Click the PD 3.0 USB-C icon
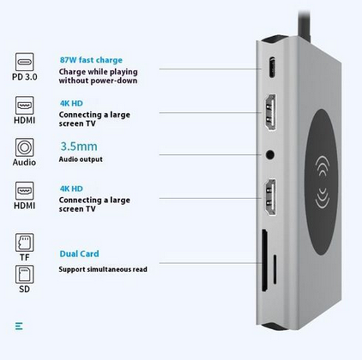click(x=25, y=62)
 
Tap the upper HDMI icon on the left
click(x=25, y=106)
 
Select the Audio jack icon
click(x=25, y=147)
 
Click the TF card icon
click(x=25, y=242)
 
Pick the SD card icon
click(x=25, y=274)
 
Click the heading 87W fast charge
click(x=91, y=60)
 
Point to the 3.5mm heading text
click(x=78, y=147)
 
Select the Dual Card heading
click(x=79, y=254)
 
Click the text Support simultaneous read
click(x=103, y=270)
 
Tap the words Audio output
click(x=81, y=159)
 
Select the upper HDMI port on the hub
click(x=270, y=113)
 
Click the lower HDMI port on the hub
click(x=270, y=198)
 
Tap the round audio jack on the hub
click(x=270, y=154)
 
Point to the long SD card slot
click(x=265, y=261)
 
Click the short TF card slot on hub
click(x=275, y=270)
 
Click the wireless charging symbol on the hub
click(x=322, y=183)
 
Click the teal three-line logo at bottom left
click(x=19, y=326)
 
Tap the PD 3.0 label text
click(x=25, y=77)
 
